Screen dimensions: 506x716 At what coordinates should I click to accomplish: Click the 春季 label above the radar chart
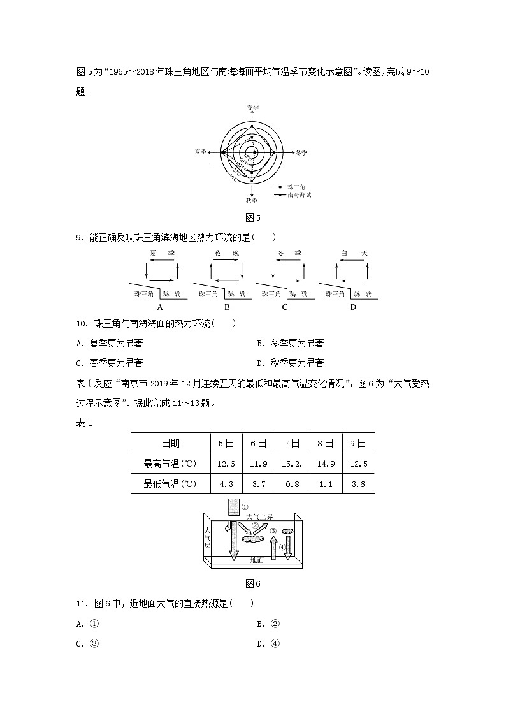[x=253, y=108]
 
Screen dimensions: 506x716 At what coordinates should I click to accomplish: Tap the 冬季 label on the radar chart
[x=301, y=153]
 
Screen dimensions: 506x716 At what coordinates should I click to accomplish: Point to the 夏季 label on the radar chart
[x=202, y=152]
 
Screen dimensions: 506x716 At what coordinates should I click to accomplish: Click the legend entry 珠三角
[x=295, y=186]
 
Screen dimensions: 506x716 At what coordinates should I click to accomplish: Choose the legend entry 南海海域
[x=298, y=194]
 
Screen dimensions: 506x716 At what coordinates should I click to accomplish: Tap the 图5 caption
[x=253, y=218]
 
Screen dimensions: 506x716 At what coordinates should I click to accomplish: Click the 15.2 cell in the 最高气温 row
[x=293, y=464]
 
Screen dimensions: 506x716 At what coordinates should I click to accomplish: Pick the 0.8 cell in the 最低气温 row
[x=293, y=484]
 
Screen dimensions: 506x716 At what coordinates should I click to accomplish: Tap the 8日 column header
[x=326, y=443]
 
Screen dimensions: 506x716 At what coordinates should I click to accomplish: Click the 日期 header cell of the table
[x=170, y=443]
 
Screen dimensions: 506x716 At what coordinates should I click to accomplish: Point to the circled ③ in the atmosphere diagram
[x=273, y=531]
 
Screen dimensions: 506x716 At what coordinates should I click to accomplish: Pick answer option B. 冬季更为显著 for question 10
[x=290, y=343]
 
